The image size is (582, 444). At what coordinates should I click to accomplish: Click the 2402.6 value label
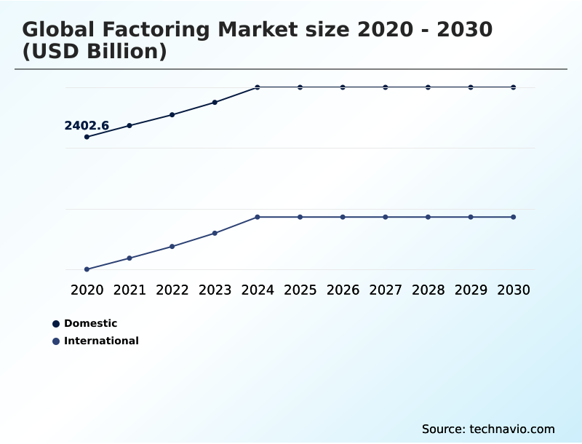87,126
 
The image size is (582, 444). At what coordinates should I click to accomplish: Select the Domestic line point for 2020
87,137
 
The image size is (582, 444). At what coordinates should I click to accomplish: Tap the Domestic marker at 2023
215,103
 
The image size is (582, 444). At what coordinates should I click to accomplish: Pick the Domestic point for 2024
258,87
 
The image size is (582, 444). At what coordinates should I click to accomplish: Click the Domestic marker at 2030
513,87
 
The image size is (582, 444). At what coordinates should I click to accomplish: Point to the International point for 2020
87,269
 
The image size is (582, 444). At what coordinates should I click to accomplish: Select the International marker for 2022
172,247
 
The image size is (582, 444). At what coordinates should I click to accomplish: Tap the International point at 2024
258,217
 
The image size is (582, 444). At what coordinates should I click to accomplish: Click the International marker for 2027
386,217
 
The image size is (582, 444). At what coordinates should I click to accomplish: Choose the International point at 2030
513,217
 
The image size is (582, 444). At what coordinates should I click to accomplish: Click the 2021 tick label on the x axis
129,290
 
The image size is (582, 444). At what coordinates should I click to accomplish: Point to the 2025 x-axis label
300,290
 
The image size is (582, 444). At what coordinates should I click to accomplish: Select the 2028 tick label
428,290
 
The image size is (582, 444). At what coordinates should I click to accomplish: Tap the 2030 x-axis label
513,290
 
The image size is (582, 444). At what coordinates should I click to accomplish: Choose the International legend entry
100,341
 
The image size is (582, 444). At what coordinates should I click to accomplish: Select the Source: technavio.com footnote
488,429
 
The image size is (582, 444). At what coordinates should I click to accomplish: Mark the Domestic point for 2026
343,87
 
